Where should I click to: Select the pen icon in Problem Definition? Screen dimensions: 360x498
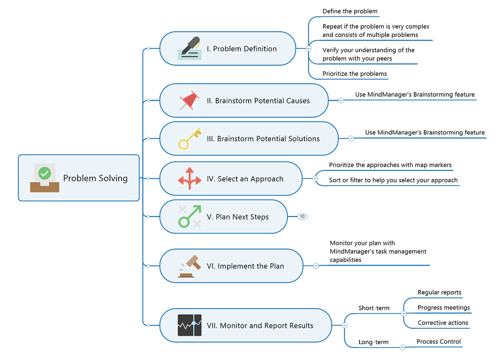(190, 49)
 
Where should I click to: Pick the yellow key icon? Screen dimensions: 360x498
(189, 138)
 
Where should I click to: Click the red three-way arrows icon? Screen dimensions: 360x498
(190, 179)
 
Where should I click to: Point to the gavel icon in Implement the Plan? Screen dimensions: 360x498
(190, 266)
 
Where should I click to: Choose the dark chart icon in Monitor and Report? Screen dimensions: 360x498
(190, 326)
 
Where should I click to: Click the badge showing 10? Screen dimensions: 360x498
(302, 216)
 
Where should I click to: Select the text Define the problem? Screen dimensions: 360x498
(350, 11)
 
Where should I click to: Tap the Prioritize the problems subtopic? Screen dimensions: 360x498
(354, 73)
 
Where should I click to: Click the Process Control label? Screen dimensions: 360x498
(439, 341)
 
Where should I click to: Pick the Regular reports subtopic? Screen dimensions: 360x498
(439, 292)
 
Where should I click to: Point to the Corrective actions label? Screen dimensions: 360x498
(443, 323)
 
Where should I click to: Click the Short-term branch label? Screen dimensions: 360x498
(374, 308)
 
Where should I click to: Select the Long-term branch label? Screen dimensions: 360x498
(373, 342)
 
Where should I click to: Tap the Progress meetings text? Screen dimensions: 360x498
(444, 308)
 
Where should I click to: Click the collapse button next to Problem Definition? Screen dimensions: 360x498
(308, 48)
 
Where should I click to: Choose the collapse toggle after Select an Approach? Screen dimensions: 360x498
(315, 179)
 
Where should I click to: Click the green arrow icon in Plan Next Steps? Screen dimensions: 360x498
(190, 216)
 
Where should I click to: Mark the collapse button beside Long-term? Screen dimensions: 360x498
(402, 347)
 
